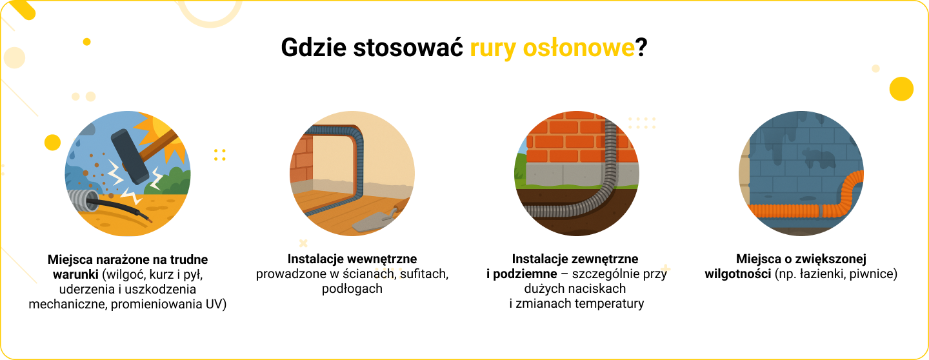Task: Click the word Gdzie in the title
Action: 314,48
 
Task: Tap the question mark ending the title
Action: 641,48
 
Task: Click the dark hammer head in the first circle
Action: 130,156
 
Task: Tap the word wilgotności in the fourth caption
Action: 738,274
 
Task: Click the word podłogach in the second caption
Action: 352,289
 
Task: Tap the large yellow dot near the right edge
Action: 902,89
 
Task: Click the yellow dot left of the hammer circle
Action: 53,143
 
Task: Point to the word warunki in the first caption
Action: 75,274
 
